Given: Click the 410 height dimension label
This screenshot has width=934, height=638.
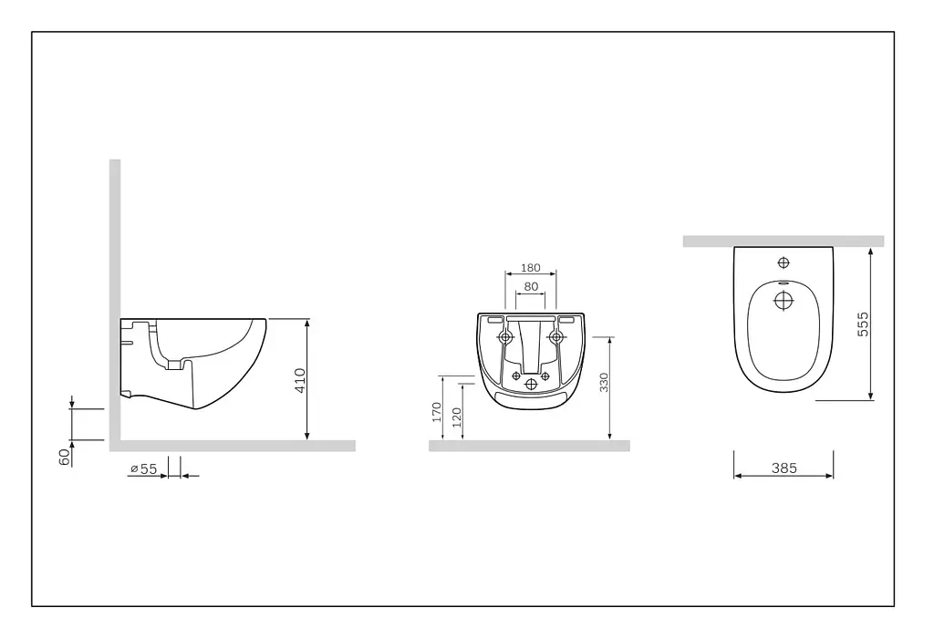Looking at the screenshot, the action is tap(300, 380).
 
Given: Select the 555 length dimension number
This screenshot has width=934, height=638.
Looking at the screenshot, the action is tap(863, 324).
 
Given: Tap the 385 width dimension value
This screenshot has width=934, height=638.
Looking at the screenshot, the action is tap(784, 468).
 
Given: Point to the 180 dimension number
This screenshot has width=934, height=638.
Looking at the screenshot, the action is tap(531, 268).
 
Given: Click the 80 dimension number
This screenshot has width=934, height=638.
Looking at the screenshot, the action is tap(531, 286).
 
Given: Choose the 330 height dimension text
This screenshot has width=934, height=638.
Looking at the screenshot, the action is tap(604, 382).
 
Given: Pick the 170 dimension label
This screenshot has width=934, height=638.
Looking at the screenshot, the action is tap(437, 413).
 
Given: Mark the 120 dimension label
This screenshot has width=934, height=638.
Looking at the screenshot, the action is tap(457, 417).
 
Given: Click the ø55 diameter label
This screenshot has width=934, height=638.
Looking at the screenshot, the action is tap(143, 469).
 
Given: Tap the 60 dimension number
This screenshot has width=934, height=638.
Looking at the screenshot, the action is tap(65, 457).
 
